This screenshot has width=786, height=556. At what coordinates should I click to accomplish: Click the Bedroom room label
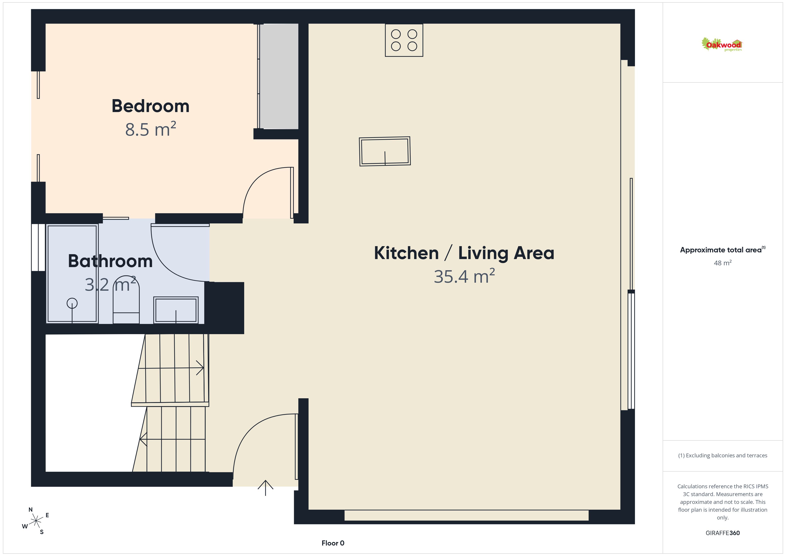(150, 106)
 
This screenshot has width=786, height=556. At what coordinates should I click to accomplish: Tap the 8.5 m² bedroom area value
(151, 129)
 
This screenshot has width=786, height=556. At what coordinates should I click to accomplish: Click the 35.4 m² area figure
(464, 276)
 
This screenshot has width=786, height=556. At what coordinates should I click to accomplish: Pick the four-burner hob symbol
(404, 40)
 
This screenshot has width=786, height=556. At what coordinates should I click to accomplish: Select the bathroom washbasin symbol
(176, 310)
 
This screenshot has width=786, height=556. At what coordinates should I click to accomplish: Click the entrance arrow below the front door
(265, 488)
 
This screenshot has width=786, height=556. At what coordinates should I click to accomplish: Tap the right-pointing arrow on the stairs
(171, 368)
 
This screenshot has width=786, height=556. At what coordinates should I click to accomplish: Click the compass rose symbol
(36, 521)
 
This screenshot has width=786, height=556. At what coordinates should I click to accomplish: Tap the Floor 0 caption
(333, 543)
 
